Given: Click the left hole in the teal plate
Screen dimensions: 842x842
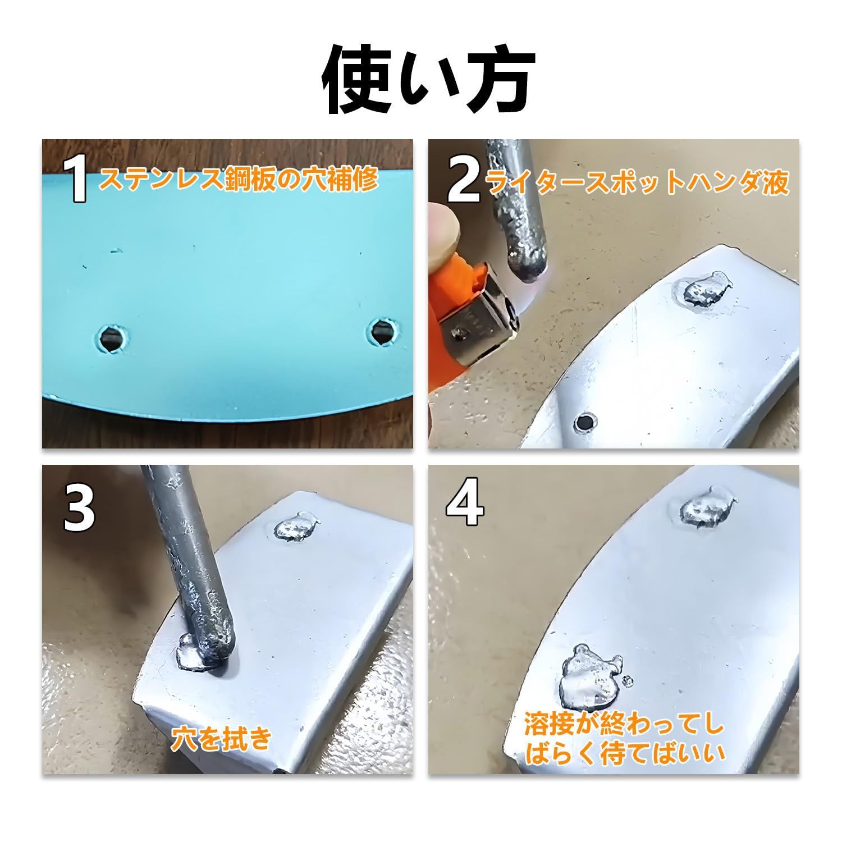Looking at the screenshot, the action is point(111,338).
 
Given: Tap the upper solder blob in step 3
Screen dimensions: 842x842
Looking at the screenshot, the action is point(296,527).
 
